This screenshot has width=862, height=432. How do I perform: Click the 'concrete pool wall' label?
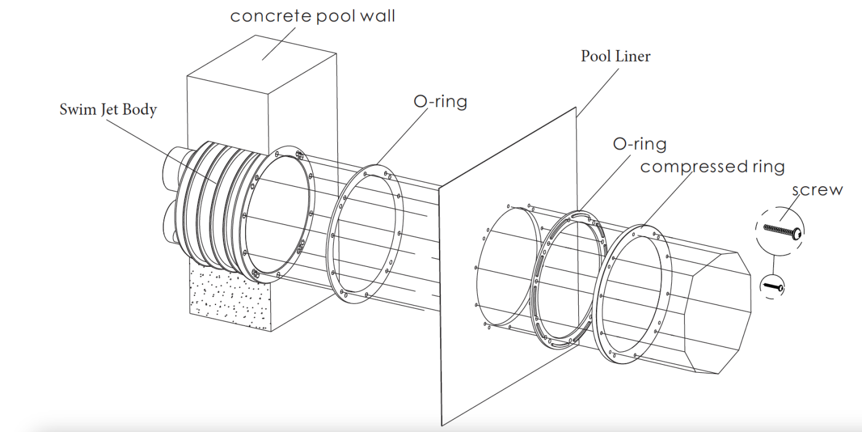[313, 16]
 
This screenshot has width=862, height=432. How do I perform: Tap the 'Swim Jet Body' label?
[108, 110]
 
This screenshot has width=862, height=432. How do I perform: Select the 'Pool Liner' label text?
[616, 57]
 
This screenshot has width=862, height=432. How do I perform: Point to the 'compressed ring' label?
[712, 166]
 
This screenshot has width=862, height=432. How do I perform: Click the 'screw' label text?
[818, 190]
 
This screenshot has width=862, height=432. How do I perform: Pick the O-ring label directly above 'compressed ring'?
[639, 144]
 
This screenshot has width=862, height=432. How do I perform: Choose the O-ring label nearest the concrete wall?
[440, 101]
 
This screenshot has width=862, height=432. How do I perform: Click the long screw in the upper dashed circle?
[779, 229]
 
